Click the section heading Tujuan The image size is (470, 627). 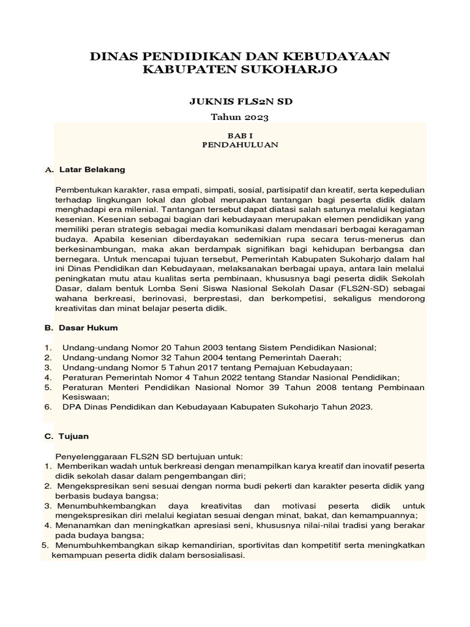[x=74, y=437]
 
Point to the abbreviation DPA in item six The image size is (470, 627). [x=72, y=407]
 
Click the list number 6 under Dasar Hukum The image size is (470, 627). [x=47, y=407]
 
